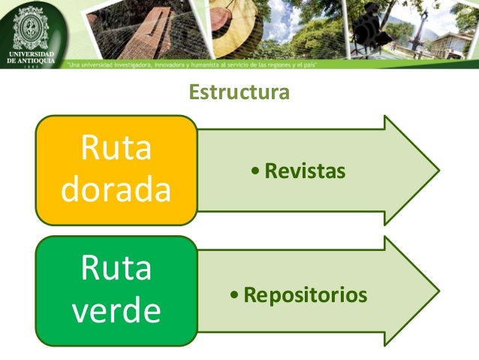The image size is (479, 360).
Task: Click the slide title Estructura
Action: pos(239,93)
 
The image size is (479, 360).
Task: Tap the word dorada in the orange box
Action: pos(116,190)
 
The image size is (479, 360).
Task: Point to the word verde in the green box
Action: pos(116,310)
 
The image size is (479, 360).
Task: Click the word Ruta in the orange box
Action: pos(116,148)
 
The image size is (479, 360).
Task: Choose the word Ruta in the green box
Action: pos(116,269)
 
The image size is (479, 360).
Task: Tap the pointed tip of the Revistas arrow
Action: pos(438,171)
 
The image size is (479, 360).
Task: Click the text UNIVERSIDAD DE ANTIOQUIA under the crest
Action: pos(31,61)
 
